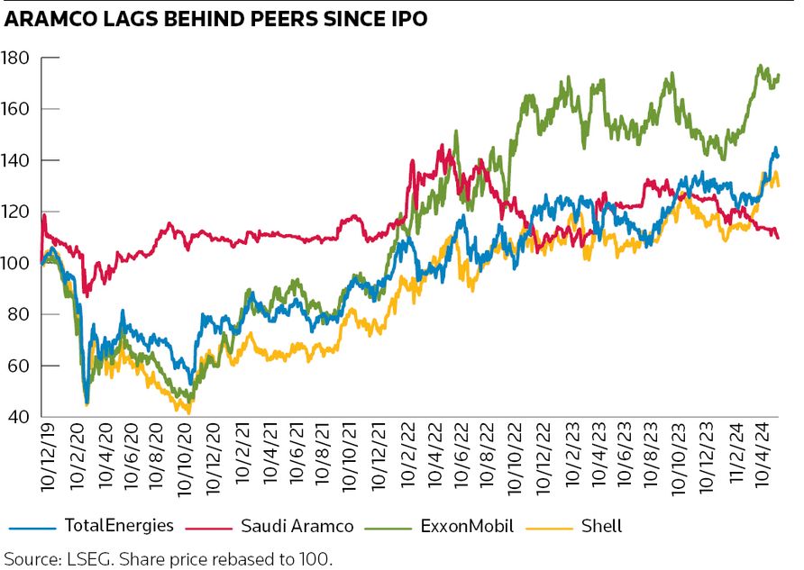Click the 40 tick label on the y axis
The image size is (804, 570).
click(22, 417)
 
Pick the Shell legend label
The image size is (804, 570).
click(601, 525)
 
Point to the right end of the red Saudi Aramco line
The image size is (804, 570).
click(779, 237)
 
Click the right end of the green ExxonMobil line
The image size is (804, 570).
click(779, 76)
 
